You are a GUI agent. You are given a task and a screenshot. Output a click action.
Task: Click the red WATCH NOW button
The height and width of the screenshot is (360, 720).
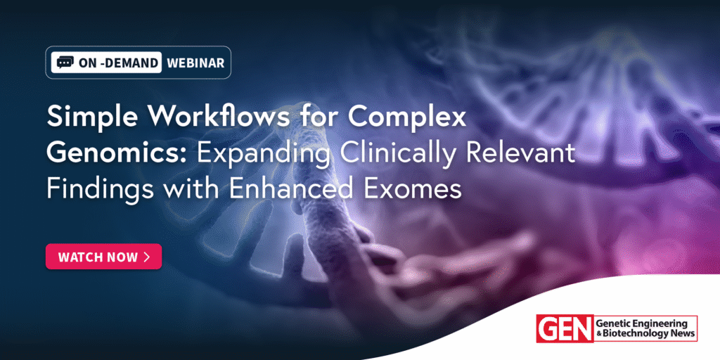(x=103, y=256)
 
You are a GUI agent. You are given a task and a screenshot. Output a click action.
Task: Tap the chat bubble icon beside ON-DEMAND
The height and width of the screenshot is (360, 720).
(x=65, y=63)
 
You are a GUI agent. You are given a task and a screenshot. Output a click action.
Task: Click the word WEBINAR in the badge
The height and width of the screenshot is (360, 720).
(x=195, y=63)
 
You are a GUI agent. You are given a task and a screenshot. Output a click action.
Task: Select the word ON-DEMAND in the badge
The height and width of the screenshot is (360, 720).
(x=118, y=63)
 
